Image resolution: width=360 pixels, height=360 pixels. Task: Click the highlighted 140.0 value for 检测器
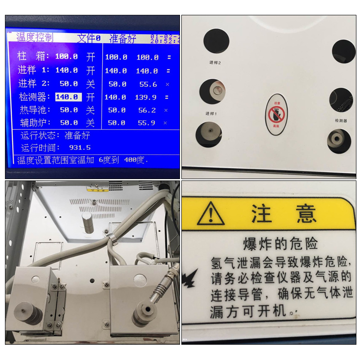tap(68, 97)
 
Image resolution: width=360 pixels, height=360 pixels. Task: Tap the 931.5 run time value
tap(80, 148)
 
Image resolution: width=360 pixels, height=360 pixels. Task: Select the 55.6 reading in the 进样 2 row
tap(148, 84)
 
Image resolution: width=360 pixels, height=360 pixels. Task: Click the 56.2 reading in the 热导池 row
tap(147, 110)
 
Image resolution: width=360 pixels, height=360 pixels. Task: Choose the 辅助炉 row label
tap(36, 122)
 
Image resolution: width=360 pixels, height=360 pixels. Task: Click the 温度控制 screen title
tap(35, 37)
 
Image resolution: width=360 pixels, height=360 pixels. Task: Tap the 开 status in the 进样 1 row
tap(90, 70)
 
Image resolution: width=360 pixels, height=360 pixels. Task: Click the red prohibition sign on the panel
tap(276, 114)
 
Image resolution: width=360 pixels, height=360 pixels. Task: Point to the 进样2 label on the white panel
tap(215, 63)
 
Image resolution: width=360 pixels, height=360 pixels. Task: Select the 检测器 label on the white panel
tap(341, 121)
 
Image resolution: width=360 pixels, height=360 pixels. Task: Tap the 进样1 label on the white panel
tap(211, 113)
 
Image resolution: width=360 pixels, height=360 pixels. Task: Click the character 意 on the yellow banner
tap(306, 213)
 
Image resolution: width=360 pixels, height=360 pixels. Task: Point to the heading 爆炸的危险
tap(280, 243)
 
